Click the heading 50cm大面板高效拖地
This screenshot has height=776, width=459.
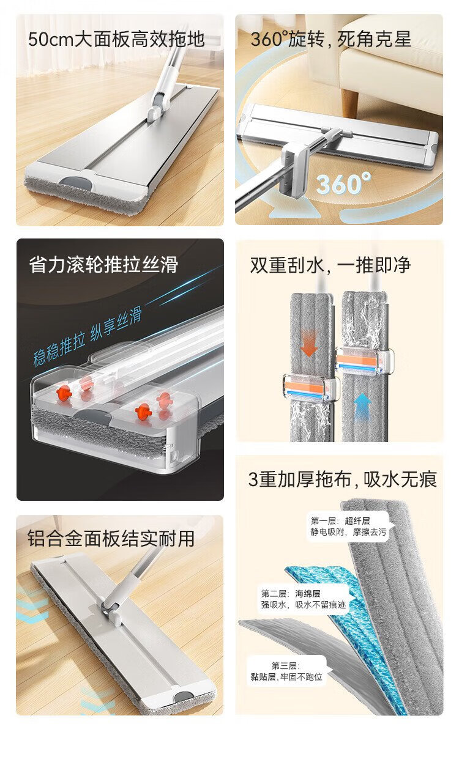point(116,40)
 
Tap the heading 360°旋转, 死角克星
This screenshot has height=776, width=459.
point(330,40)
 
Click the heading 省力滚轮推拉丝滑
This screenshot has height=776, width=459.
point(103,264)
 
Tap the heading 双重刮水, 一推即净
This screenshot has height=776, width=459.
point(330,265)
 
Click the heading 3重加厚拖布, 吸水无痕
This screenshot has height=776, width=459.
point(343,479)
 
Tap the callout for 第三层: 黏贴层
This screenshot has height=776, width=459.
point(287,671)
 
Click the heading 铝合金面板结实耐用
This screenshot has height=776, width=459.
point(111,538)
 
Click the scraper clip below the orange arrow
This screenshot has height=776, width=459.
point(309,386)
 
